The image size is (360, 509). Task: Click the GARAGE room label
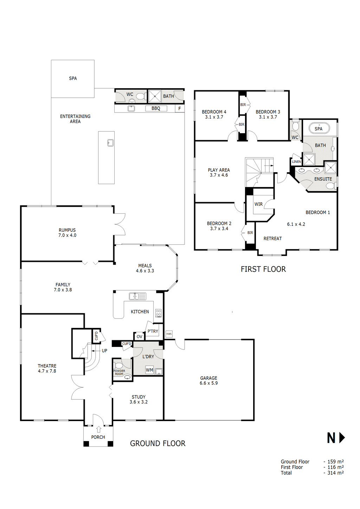(209, 378)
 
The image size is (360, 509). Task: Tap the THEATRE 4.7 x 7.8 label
(47, 368)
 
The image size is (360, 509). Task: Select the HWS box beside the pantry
(169, 334)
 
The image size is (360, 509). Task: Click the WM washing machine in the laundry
(149, 370)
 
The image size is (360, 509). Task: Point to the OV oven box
(140, 336)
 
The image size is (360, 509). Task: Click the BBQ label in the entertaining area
(156, 109)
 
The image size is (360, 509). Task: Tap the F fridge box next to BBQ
(180, 109)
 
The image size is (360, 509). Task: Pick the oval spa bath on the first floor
(319, 128)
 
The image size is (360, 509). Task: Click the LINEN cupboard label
(296, 162)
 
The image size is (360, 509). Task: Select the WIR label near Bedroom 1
(258, 204)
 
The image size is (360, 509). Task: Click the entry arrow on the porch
(98, 429)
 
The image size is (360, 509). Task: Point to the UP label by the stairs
(104, 350)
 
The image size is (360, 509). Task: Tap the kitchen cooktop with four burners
(159, 313)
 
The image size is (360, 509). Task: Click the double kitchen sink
(137, 296)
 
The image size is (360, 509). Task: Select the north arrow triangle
(342, 438)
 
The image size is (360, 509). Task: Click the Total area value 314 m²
(334, 473)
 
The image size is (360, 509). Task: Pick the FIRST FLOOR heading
(263, 269)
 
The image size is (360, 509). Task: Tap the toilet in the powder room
(118, 366)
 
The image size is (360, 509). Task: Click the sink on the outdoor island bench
(110, 142)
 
